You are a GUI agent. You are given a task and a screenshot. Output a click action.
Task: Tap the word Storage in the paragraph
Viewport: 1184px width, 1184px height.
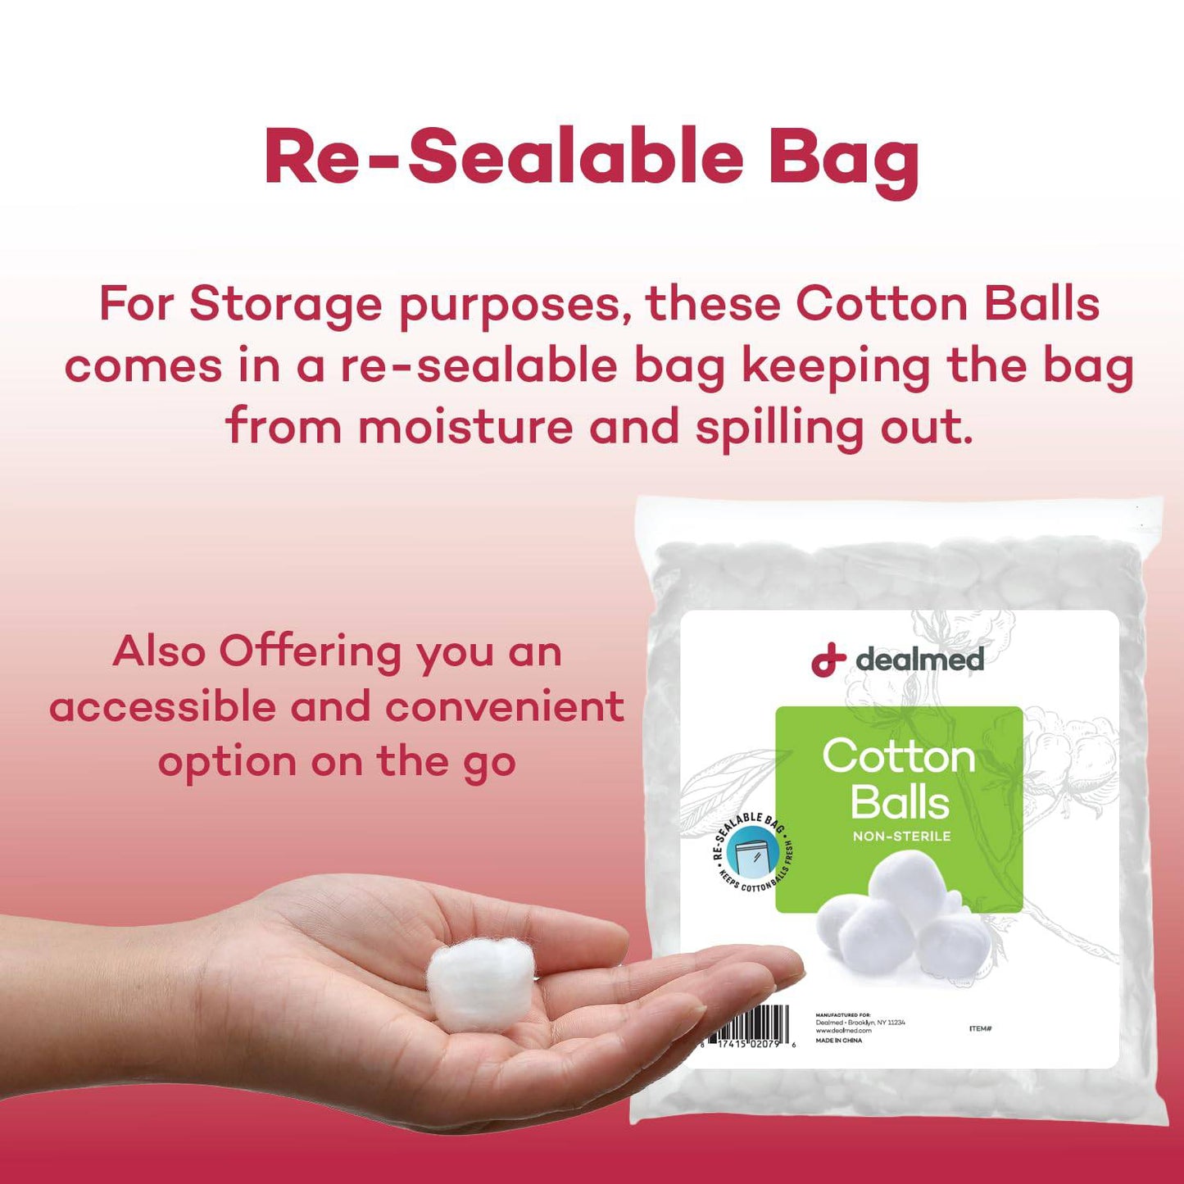coord(286,305)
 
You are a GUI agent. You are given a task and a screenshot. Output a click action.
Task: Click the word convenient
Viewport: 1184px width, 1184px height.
coord(505,707)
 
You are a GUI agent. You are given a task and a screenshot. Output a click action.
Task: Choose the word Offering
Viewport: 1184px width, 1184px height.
coord(310,654)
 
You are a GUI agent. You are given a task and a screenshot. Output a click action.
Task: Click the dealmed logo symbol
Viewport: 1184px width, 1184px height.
coord(828,660)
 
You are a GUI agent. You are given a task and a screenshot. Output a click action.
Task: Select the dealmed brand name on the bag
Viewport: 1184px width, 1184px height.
coord(919,660)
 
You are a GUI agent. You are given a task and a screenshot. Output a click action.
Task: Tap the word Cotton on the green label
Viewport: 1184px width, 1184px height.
coord(899,755)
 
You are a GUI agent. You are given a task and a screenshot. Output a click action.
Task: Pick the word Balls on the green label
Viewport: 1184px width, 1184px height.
coord(900,802)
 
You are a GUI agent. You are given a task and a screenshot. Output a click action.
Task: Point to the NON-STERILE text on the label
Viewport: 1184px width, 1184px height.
coord(901,837)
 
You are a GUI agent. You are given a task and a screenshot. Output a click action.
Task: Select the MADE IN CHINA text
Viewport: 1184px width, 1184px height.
coord(838,1041)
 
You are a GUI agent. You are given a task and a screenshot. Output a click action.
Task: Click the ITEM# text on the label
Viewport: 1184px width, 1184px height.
coord(980,1028)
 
